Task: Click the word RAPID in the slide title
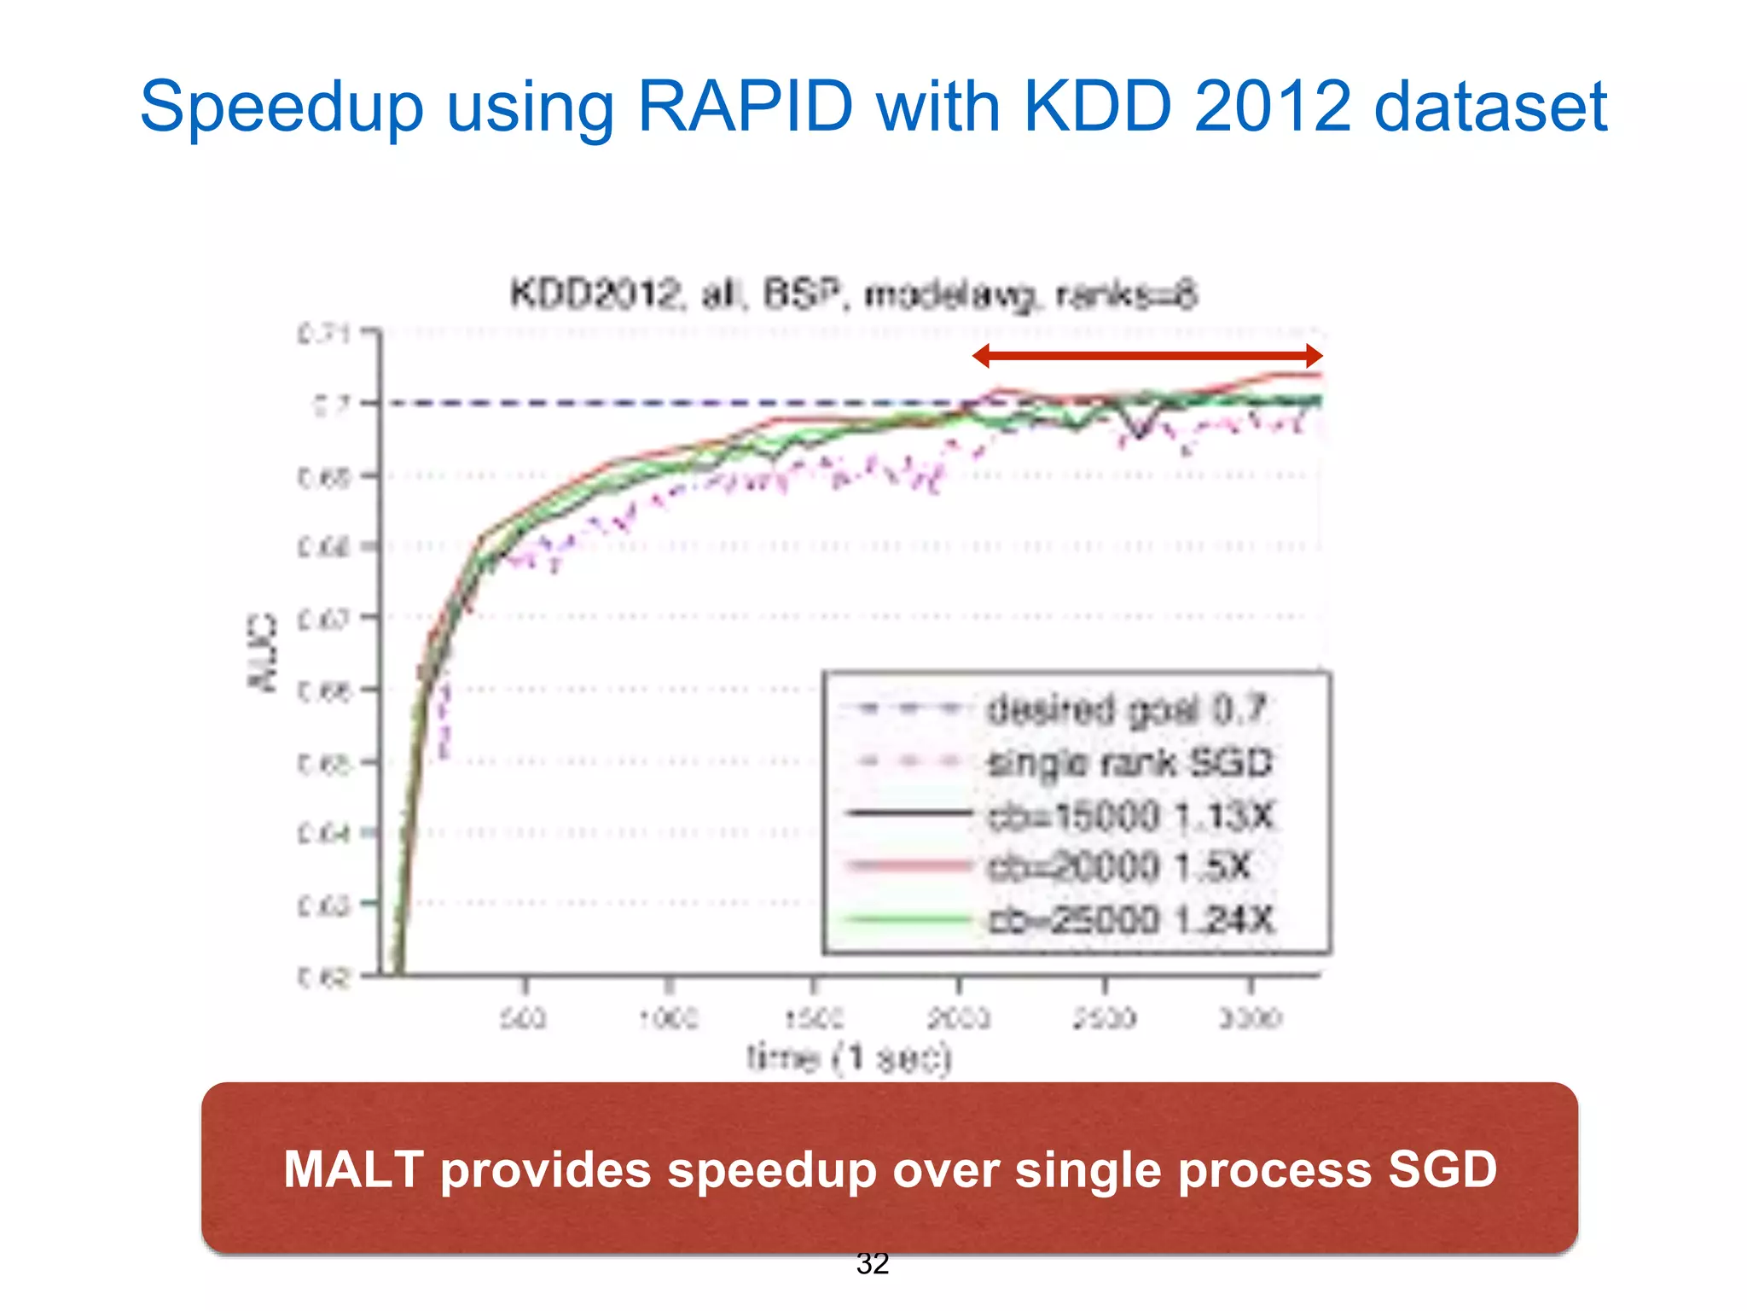[745, 107]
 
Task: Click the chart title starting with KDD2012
[854, 294]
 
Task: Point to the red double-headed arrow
[1147, 356]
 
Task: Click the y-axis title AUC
[263, 652]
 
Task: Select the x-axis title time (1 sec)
[849, 1058]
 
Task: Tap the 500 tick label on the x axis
[523, 1018]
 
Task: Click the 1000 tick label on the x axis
[670, 1018]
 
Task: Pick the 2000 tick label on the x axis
[959, 1018]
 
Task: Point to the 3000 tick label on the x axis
[1251, 1018]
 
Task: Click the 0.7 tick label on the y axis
[331, 404]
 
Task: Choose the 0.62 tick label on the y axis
[324, 976]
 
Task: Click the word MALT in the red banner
[353, 1168]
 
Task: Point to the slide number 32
[873, 1263]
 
